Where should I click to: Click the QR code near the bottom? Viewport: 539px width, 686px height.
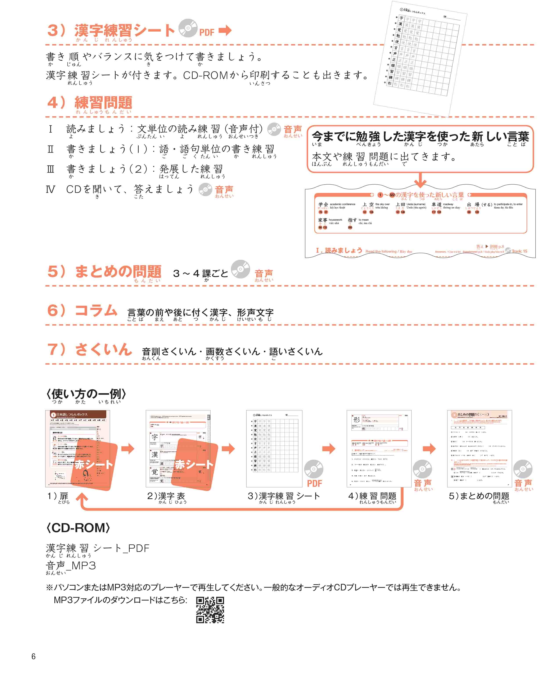[210, 610]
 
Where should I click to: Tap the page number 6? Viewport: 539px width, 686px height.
[33, 656]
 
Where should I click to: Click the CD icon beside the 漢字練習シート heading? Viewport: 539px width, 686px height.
[188, 28]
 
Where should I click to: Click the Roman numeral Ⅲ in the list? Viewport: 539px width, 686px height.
[50, 169]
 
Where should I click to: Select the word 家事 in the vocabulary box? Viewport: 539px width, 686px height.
[322, 220]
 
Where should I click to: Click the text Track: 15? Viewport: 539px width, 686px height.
[519, 251]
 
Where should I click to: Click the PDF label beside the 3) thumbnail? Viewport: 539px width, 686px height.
[314, 483]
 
